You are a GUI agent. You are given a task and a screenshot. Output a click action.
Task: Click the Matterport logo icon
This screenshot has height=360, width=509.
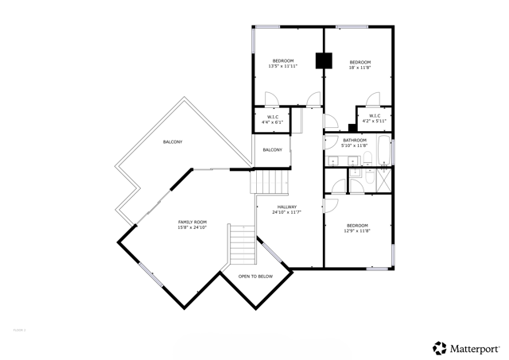point(439,347)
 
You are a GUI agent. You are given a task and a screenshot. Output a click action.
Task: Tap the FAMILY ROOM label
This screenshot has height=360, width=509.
point(192,222)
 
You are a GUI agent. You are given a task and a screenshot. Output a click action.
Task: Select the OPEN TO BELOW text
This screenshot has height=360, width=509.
point(255,276)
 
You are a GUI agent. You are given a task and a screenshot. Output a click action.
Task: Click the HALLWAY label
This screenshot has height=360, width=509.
point(286,207)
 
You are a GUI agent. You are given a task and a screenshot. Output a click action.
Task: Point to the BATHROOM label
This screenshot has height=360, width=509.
point(354,140)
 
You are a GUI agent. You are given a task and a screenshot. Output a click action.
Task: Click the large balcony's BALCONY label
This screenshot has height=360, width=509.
point(173,141)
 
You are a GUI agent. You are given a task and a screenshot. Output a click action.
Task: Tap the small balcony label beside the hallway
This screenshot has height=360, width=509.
point(272,150)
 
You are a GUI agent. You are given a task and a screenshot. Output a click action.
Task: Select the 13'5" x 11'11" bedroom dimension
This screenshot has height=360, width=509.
point(283,68)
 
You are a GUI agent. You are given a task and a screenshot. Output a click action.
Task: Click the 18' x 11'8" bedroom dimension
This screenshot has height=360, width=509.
point(360,68)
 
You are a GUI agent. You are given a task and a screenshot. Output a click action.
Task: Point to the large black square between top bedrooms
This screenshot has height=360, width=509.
point(324,60)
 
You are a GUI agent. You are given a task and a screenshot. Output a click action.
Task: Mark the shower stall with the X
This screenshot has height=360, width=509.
point(383,178)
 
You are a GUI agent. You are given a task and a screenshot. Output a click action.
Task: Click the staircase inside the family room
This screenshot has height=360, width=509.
point(242,247)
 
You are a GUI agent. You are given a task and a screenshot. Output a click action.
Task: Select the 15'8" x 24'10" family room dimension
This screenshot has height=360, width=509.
point(192,227)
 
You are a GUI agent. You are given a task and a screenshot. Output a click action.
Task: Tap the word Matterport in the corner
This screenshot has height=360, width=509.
point(476,347)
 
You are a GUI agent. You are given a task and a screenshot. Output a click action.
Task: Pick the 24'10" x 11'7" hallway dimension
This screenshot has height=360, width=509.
point(286,212)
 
